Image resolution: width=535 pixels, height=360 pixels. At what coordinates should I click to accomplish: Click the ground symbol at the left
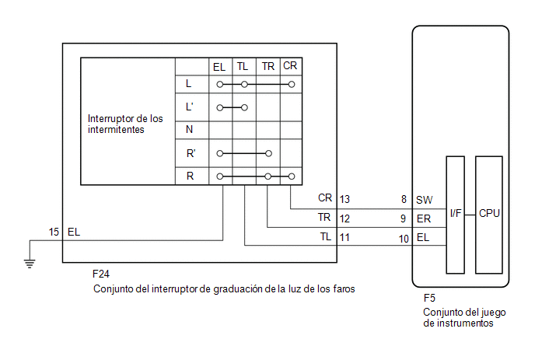click(30, 264)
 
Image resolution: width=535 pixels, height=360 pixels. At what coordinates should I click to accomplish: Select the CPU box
click(489, 215)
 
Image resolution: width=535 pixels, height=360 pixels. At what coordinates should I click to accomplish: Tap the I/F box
click(456, 215)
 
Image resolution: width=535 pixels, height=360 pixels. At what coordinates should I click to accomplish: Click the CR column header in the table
click(290, 65)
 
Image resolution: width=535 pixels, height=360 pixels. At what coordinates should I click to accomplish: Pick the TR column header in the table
click(267, 66)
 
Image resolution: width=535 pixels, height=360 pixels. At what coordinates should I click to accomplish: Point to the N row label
click(190, 129)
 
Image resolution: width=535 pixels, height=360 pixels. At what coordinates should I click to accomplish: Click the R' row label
click(191, 153)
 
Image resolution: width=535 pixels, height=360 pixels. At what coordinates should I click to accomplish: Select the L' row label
click(190, 107)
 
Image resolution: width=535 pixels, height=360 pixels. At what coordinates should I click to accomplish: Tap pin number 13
click(344, 199)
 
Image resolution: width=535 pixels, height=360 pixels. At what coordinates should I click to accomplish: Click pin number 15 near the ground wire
click(54, 232)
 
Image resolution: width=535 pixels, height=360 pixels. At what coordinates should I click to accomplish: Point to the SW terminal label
click(424, 200)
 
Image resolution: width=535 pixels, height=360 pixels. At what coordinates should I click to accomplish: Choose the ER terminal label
click(424, 218)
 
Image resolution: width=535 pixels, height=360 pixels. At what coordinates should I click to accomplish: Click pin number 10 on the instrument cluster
click(404, 239)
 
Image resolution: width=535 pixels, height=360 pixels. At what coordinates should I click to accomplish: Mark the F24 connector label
click(101, 274)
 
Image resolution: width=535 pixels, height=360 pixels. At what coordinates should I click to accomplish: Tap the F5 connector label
click(429, 298)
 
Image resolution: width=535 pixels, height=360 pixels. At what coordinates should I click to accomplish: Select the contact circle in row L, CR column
click(292, 84)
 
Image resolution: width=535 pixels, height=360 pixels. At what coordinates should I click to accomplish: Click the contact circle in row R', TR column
click(268, 153)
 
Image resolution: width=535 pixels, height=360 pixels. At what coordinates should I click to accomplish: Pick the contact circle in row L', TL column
click(244, 108)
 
